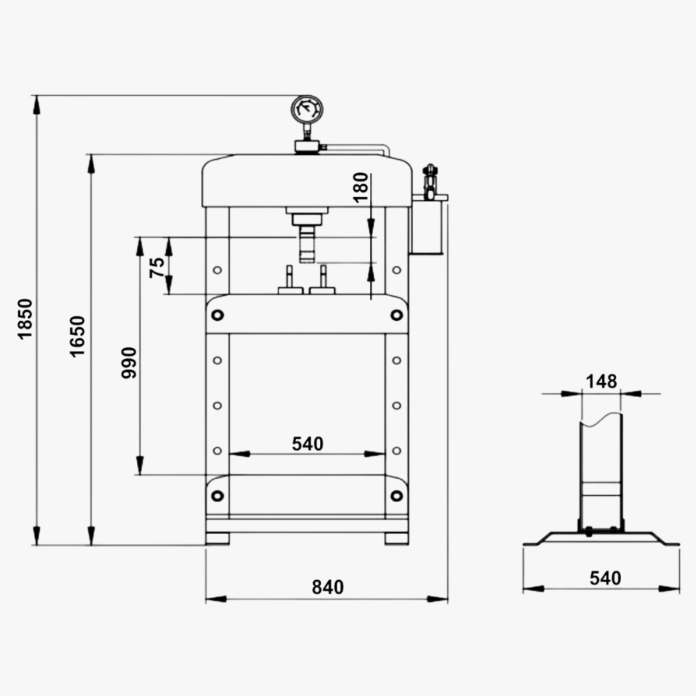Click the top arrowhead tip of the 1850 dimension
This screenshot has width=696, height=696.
[x=36, y=96]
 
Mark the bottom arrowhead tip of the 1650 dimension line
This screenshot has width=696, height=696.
[x=91, y=545]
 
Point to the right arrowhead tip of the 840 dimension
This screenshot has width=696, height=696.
[x=448, y=599]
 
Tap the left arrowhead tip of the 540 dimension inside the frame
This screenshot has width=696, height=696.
[x=229, y=454]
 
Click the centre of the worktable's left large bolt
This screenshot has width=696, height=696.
[x=217, y=315]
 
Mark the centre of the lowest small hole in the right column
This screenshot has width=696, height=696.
[x=397, y=451]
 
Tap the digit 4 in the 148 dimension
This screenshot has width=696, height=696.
[x=601, y=381]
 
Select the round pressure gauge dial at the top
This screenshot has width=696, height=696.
[x=307, y=109]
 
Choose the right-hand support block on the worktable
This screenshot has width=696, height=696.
[x=322, y=280]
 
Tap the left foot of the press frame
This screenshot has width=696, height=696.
[x=217, y=539]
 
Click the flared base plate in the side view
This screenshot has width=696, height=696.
[x=601, y=539]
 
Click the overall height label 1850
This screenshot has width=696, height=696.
[x=25, y=319]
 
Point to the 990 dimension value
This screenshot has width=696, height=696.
[x=129, y=363]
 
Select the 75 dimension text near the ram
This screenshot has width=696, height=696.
[x=157, y=268]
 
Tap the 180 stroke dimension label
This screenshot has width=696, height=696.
[x=361, y=187]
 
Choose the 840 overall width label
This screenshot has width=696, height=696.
[x=328, y=587]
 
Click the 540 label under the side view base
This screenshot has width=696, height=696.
[x=606, y=578]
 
